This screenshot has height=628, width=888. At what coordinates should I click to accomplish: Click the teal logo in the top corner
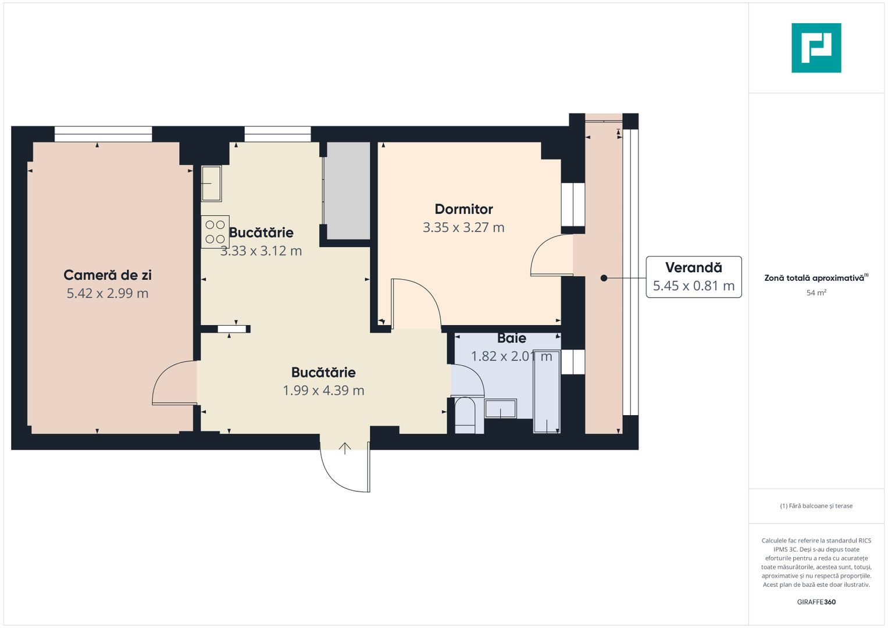(816, 48)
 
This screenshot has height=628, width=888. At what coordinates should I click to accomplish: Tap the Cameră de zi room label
(108, 275)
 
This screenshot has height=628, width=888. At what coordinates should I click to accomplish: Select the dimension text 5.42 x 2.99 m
(108, 294)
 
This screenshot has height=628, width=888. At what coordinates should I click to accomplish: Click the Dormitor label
(463, 209)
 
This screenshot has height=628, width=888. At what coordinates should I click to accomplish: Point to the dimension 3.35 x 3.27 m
(463, 228)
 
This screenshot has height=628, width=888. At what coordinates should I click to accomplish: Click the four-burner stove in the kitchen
(215, 231)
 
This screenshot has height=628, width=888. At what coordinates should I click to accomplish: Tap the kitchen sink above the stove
(211, 183)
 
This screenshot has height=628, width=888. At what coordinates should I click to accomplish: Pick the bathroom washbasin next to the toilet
(500, 408)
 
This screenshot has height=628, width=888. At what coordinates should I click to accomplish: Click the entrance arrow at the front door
(345, 448)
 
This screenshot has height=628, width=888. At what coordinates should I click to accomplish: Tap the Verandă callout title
(693, 267)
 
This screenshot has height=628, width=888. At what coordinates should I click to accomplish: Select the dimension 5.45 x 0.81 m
(693, 286)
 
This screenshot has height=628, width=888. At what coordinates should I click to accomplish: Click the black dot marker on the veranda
(604, 278)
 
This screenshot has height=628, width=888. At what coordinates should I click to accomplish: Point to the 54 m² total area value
(816, 293)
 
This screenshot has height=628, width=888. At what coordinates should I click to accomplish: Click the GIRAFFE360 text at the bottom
(816, 602)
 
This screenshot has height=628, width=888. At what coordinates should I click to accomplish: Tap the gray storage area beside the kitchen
(347, 191)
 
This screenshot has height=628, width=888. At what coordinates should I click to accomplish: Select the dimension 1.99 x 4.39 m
(323, 391)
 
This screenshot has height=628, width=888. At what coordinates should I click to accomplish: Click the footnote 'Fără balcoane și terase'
(816, 506)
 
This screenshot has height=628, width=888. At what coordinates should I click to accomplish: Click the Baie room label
(512, 338)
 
